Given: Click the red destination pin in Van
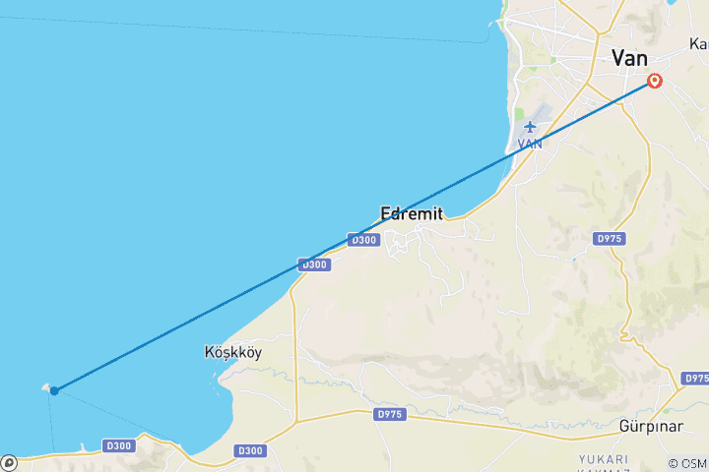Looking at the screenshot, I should (652, 82).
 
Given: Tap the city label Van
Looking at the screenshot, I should (629, 58).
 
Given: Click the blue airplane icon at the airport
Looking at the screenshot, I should (531, 126).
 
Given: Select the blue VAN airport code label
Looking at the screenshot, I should (530, 144).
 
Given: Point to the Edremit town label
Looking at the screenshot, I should (412, 213).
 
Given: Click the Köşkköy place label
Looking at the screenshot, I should (233, 352).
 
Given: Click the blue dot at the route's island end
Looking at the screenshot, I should (54, 391).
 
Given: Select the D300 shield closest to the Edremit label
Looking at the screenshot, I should (362, 240).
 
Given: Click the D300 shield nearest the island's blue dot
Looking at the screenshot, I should (119, 446).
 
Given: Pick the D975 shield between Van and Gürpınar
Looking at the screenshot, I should (610, 239).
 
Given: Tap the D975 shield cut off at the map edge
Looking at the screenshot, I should (696, 379).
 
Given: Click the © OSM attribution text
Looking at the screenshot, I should (686, 463).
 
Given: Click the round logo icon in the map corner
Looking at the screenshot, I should (9, 462).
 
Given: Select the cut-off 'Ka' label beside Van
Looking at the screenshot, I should (698, 44).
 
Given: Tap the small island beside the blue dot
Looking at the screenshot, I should (45, 388).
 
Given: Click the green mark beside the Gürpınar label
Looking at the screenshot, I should (667, 411).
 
